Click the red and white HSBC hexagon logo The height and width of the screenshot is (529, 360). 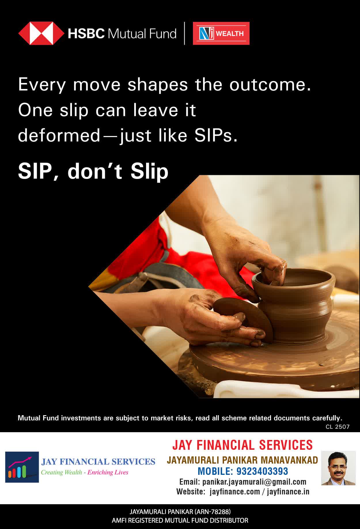41,33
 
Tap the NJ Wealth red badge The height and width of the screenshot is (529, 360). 221,33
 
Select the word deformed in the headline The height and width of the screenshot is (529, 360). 59,135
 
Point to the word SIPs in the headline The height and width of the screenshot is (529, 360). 216,135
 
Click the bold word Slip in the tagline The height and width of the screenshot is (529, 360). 149,172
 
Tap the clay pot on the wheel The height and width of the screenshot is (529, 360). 293,305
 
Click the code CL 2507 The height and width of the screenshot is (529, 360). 338,427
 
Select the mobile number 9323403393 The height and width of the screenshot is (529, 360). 262,471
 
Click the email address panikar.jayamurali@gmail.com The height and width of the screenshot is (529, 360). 254,482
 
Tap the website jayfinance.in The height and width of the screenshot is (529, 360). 288,492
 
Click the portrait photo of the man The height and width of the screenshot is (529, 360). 338,468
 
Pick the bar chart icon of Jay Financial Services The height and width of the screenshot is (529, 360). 22,467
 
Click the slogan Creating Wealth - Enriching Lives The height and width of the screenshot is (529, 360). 84,472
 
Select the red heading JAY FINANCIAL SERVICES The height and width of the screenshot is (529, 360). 242,445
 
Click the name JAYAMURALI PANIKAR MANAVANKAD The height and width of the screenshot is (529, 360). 242,460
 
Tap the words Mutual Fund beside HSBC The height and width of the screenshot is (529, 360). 142,34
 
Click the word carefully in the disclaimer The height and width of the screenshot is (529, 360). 327,418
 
